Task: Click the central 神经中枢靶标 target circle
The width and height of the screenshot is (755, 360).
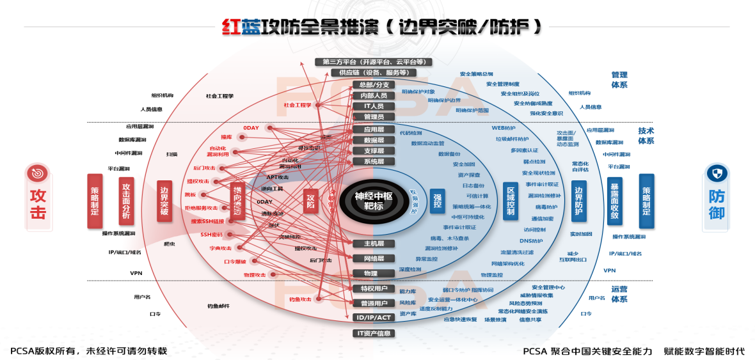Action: [x=373, y=200]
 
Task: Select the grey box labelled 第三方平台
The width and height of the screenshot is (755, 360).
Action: [x=374, y=62]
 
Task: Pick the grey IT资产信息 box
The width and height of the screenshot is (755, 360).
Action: [x=374, y=333]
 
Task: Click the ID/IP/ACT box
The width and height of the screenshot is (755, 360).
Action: [x=374, y=318]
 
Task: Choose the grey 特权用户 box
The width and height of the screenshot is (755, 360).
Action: [x=374, y=288]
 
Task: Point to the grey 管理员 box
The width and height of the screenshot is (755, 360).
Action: [x=374, y=117]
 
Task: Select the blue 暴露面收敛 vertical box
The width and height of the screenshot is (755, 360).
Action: [x=614, y=201]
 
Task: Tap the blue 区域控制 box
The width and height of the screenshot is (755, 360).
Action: [x=511, y=200]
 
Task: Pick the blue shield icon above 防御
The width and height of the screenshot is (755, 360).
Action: [x=717, y=173]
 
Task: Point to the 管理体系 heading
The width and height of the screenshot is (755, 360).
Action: [x=619, y=79]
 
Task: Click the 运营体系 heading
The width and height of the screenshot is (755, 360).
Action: [x=619, y=293]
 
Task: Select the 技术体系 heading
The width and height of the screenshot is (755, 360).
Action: [x=646, y=136]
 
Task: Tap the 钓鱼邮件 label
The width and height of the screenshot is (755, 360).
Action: [x=218, y=306]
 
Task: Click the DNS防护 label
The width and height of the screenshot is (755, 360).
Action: [x=530, y=241]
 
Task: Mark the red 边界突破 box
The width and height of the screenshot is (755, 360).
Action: [x=164, y=201]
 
